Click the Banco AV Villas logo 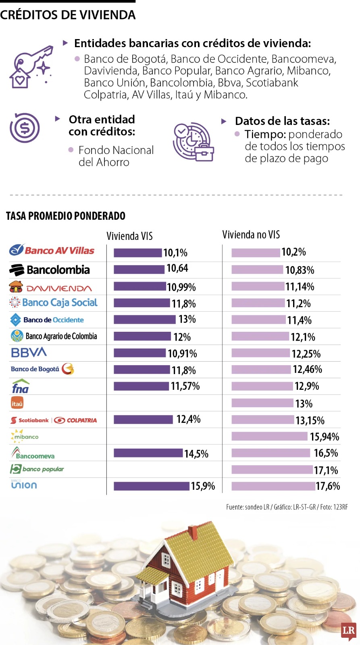(52, 250)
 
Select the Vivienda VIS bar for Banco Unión (151, 486)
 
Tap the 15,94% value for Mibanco (324, 437)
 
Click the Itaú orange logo (17, 403)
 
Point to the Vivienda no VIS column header (251, 235)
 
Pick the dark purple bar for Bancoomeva (148, 453)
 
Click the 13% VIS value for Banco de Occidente (187, 319)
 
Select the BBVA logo (29, 353)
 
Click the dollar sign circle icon (25, 128)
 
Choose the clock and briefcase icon (193, 142)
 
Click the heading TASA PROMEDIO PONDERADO (66, 216)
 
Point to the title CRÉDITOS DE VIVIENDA (68, 15)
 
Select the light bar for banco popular (272, 470)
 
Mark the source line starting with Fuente (287, 507)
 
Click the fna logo (20, 387)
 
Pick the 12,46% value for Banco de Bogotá (307, 369)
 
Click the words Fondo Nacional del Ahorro (116, 156)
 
